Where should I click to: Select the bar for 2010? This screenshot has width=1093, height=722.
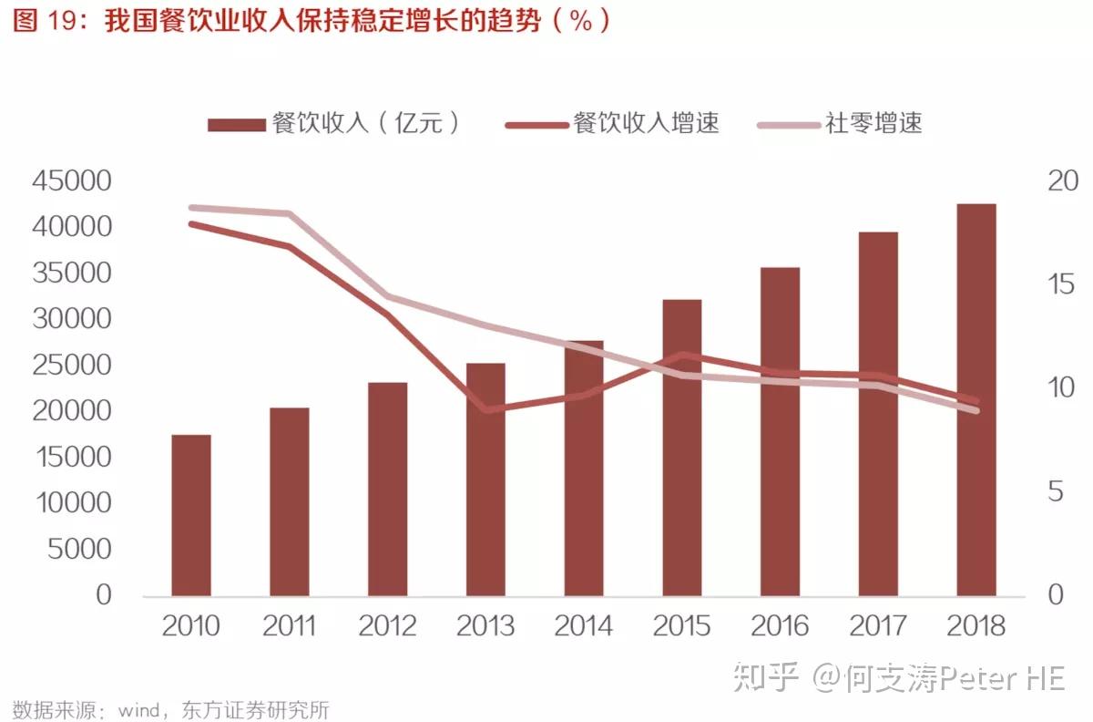[191, 515]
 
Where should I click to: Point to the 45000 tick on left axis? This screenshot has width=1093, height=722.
[72, 181]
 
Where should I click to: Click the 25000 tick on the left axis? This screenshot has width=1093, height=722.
[72, 366]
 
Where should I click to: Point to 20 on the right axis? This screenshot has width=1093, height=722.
[1061, 181]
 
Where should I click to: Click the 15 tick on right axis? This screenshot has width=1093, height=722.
[1061, 285]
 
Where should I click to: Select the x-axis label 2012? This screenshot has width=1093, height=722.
[387, 626]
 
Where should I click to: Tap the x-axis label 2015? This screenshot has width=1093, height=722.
[681, 626]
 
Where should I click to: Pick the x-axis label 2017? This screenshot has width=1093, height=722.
[878, 626]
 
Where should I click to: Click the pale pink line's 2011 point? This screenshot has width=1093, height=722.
[289, 214]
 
